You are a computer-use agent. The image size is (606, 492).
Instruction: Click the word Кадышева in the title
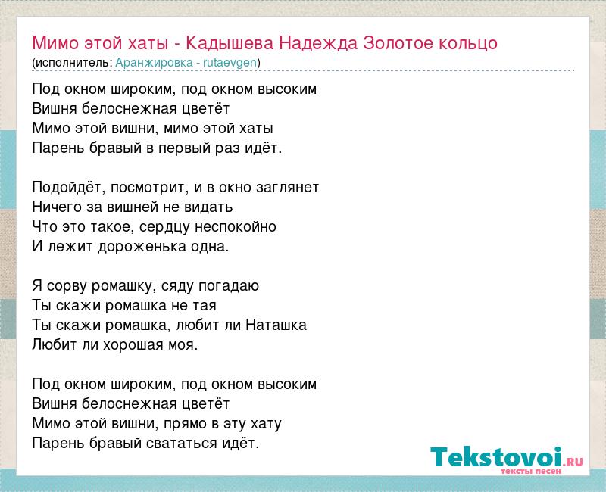coord(230,44)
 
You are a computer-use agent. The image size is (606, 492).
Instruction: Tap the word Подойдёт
coord(69,187)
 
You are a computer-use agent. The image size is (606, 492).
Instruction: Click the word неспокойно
coord(236,226)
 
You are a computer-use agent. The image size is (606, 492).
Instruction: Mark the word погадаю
coord(229,286)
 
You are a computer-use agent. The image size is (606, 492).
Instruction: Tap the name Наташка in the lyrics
coord(276,325)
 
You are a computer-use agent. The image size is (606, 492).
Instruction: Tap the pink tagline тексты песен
coord(531,471)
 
